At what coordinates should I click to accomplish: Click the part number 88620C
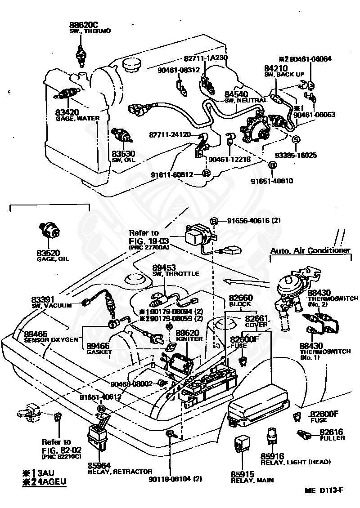pos(84,25)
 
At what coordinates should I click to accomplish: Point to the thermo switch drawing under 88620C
pos(80,55)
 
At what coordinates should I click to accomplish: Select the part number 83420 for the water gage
pos(67,112)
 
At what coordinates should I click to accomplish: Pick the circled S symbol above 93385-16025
pos(296,140)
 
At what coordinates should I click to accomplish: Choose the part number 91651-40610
pos(272,181)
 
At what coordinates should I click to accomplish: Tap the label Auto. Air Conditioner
pos(310,250)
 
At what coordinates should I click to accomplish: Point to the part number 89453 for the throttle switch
pos(164,267)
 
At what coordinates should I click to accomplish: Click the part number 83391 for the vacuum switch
pos(43,300)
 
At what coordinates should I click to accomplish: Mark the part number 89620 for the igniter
pos(188,333)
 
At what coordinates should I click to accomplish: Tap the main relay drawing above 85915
pos(242,444)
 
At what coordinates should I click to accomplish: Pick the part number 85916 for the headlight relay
pos(272,456)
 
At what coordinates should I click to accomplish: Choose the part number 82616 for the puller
pos(331,432)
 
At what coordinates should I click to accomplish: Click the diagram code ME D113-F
pos(324,490)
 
